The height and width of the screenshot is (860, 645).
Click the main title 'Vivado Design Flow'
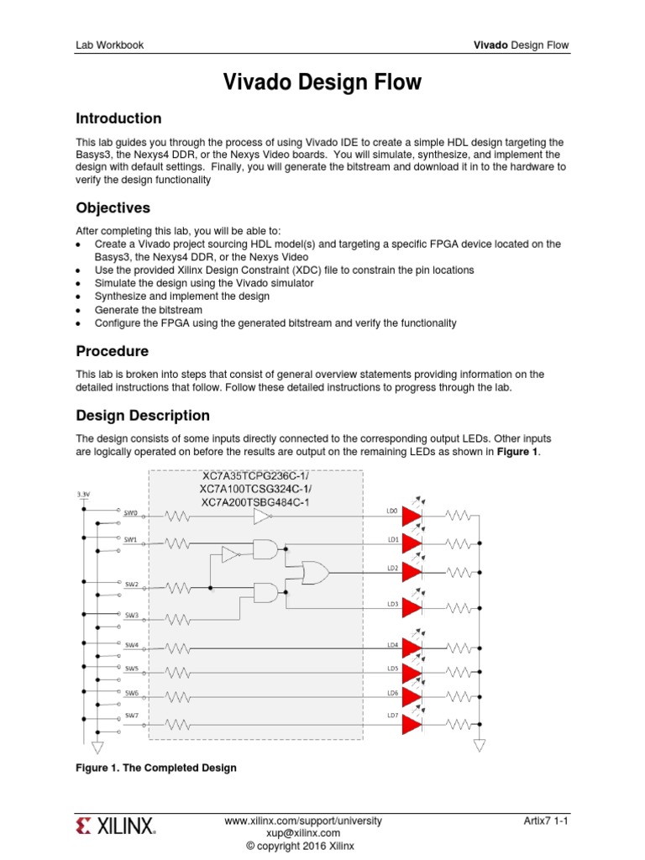[x=322, y=82]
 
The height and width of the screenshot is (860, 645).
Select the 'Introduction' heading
[x=118, y=118]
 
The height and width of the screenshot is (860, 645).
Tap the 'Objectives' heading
[x=113, y=207]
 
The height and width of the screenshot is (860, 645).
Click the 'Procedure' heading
[x=112, y=350]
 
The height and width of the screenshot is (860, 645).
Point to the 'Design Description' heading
[x=143, y=415]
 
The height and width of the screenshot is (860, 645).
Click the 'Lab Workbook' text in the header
[x=109, y=45]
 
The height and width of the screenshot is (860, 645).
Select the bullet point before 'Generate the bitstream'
[x=78, y=310]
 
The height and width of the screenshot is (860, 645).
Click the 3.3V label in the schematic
[x=83, y=495]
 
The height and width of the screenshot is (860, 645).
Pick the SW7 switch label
[x=131, y=716]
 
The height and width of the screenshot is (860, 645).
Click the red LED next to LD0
[x=412, y=516]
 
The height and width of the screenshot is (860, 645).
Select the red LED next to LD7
[x=412, y=724]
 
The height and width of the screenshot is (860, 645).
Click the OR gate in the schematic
[x=315, y=573]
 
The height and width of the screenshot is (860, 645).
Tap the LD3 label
[x=392, y=604]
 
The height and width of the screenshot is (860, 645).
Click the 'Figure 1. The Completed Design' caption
[x=156, y=768]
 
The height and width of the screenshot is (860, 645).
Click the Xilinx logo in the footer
[x=116, y=826]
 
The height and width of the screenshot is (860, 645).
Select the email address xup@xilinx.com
[x=303, y=832]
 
